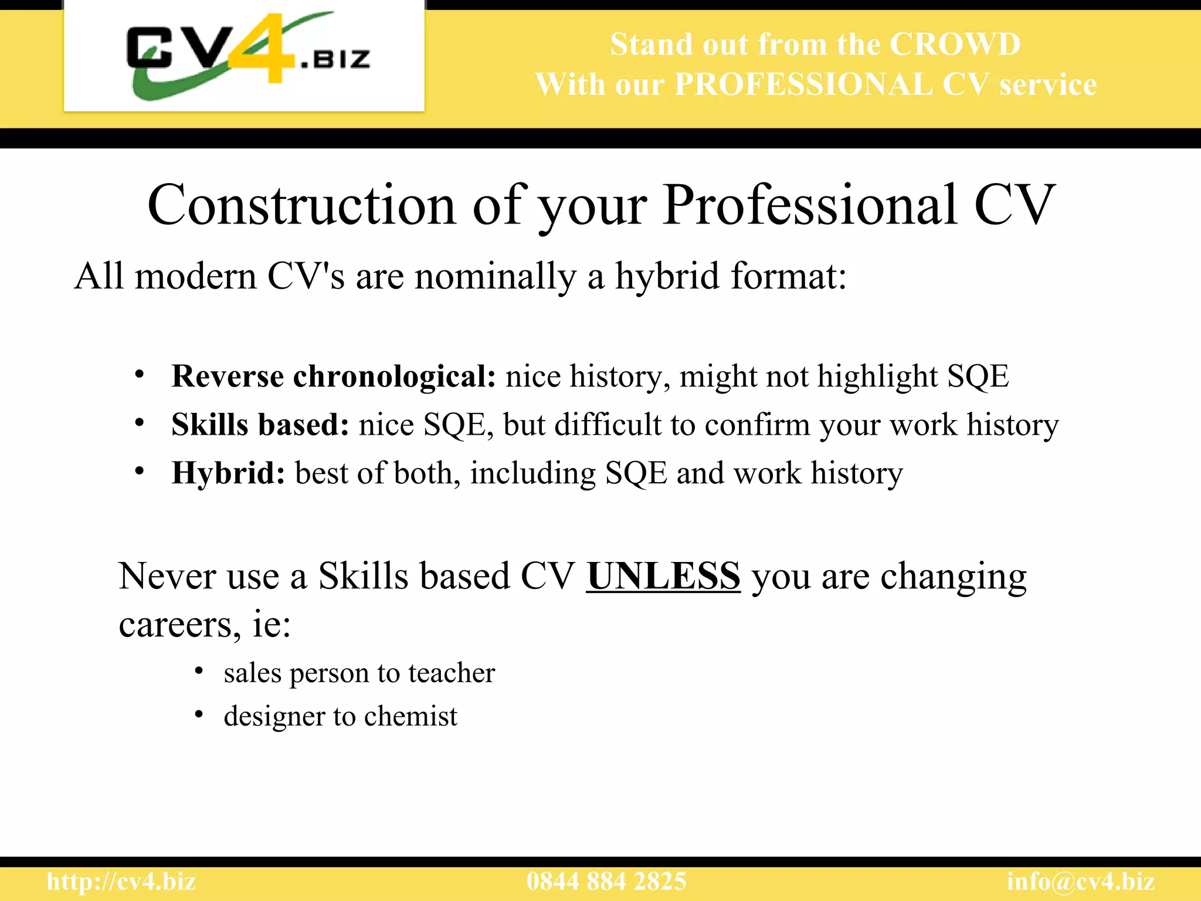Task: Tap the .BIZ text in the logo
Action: tap(335, 59)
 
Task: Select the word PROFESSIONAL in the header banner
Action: tap(803, 84)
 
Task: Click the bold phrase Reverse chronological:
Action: tap(334, 376)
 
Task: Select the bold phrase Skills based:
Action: tap(260, 425)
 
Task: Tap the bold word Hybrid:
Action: tap(228, 473)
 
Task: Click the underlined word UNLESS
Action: tap(663, 576)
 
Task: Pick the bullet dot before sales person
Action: tap(199, 670)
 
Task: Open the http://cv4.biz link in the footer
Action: tap(121, 882)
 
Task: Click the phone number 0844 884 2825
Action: tap(606, 882)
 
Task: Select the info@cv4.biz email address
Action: tap(1080, 882)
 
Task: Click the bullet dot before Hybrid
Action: tap(139, 472)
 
